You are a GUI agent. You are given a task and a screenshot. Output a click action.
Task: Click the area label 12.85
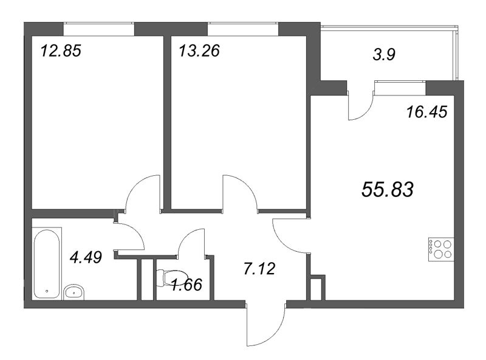tap(60, 50)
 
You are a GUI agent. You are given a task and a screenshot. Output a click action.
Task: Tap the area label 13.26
tap(199, 50)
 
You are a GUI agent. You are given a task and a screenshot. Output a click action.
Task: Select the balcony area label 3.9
tap(383, 55)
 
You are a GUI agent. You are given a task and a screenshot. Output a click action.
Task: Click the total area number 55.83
tap(387, 190)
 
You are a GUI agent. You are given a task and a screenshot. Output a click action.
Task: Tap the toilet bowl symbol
tap(167, 277)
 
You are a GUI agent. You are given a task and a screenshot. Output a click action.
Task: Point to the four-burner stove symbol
tap(440, 249)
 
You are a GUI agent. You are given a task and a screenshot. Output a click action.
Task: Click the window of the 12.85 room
tap(98, 28)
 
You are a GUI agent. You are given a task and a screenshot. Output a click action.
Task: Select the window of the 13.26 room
tap(242, 28)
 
